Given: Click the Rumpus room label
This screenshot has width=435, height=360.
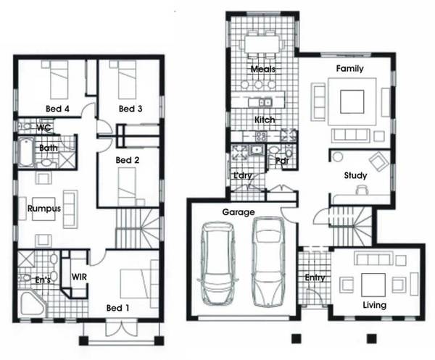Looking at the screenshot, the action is point(44,209).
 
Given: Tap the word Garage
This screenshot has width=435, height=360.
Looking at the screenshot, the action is point(239,212).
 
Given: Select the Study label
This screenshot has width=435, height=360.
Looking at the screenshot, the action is point(355,175).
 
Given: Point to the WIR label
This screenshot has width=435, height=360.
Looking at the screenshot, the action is point(79,277).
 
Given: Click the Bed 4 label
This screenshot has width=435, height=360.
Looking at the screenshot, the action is point(57,109).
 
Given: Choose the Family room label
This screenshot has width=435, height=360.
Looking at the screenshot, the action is point(350,69).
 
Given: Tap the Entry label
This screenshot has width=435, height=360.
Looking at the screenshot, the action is point(315,277).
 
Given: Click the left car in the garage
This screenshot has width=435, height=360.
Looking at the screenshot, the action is point(217,263).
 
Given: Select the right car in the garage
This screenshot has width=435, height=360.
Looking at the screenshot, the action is point(268,262).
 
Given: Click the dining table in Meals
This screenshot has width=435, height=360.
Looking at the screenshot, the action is point(261,44).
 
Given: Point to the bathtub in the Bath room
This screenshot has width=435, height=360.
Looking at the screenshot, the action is point(26,152).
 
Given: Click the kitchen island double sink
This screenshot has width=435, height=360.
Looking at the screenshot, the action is point(265,103).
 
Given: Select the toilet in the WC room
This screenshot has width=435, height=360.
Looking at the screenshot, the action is point(25,126).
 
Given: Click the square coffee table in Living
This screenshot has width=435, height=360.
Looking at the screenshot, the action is point(373,285).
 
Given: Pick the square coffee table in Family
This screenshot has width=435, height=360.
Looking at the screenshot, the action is point(352,101).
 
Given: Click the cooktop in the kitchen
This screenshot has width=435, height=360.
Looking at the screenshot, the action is point(261,136).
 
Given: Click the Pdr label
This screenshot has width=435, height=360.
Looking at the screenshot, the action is point(283,161).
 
